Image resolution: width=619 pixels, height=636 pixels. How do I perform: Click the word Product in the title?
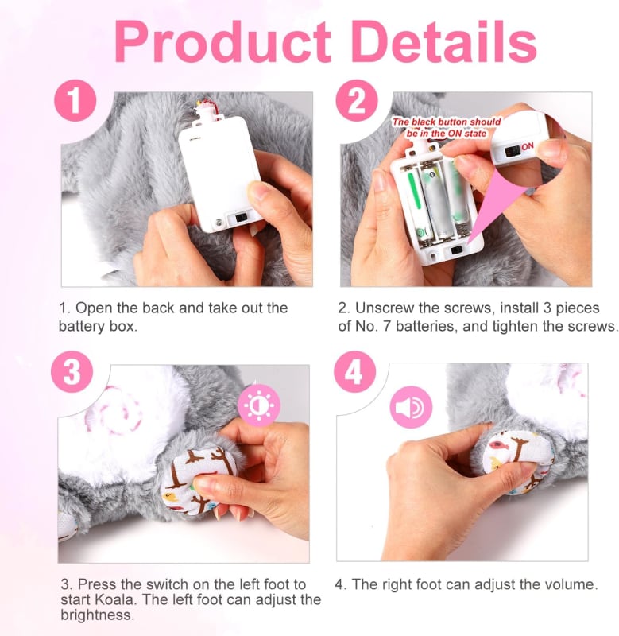(222, 42)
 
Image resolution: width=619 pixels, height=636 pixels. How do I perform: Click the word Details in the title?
(445, 41)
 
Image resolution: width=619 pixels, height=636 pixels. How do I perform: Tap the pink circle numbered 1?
(75, 101)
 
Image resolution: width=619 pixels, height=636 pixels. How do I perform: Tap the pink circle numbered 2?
(357, 101)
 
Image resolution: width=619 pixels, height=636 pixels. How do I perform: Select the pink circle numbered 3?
(72, 371)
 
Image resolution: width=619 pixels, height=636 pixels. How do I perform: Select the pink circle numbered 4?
(354, 371)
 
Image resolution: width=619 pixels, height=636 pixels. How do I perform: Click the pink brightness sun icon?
(258, 405)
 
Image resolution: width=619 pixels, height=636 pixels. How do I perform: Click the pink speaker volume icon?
(411, 407)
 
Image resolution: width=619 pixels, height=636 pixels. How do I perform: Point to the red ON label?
(528, 146)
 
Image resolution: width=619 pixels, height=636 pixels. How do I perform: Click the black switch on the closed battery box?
(242, 218)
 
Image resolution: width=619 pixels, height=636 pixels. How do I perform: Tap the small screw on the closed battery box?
(219, 223)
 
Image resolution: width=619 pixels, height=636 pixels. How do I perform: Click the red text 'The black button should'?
(447, 122)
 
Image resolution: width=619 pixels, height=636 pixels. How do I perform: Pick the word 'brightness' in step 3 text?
(97, 615)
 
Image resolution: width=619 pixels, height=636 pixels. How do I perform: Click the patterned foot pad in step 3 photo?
(192, 480)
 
